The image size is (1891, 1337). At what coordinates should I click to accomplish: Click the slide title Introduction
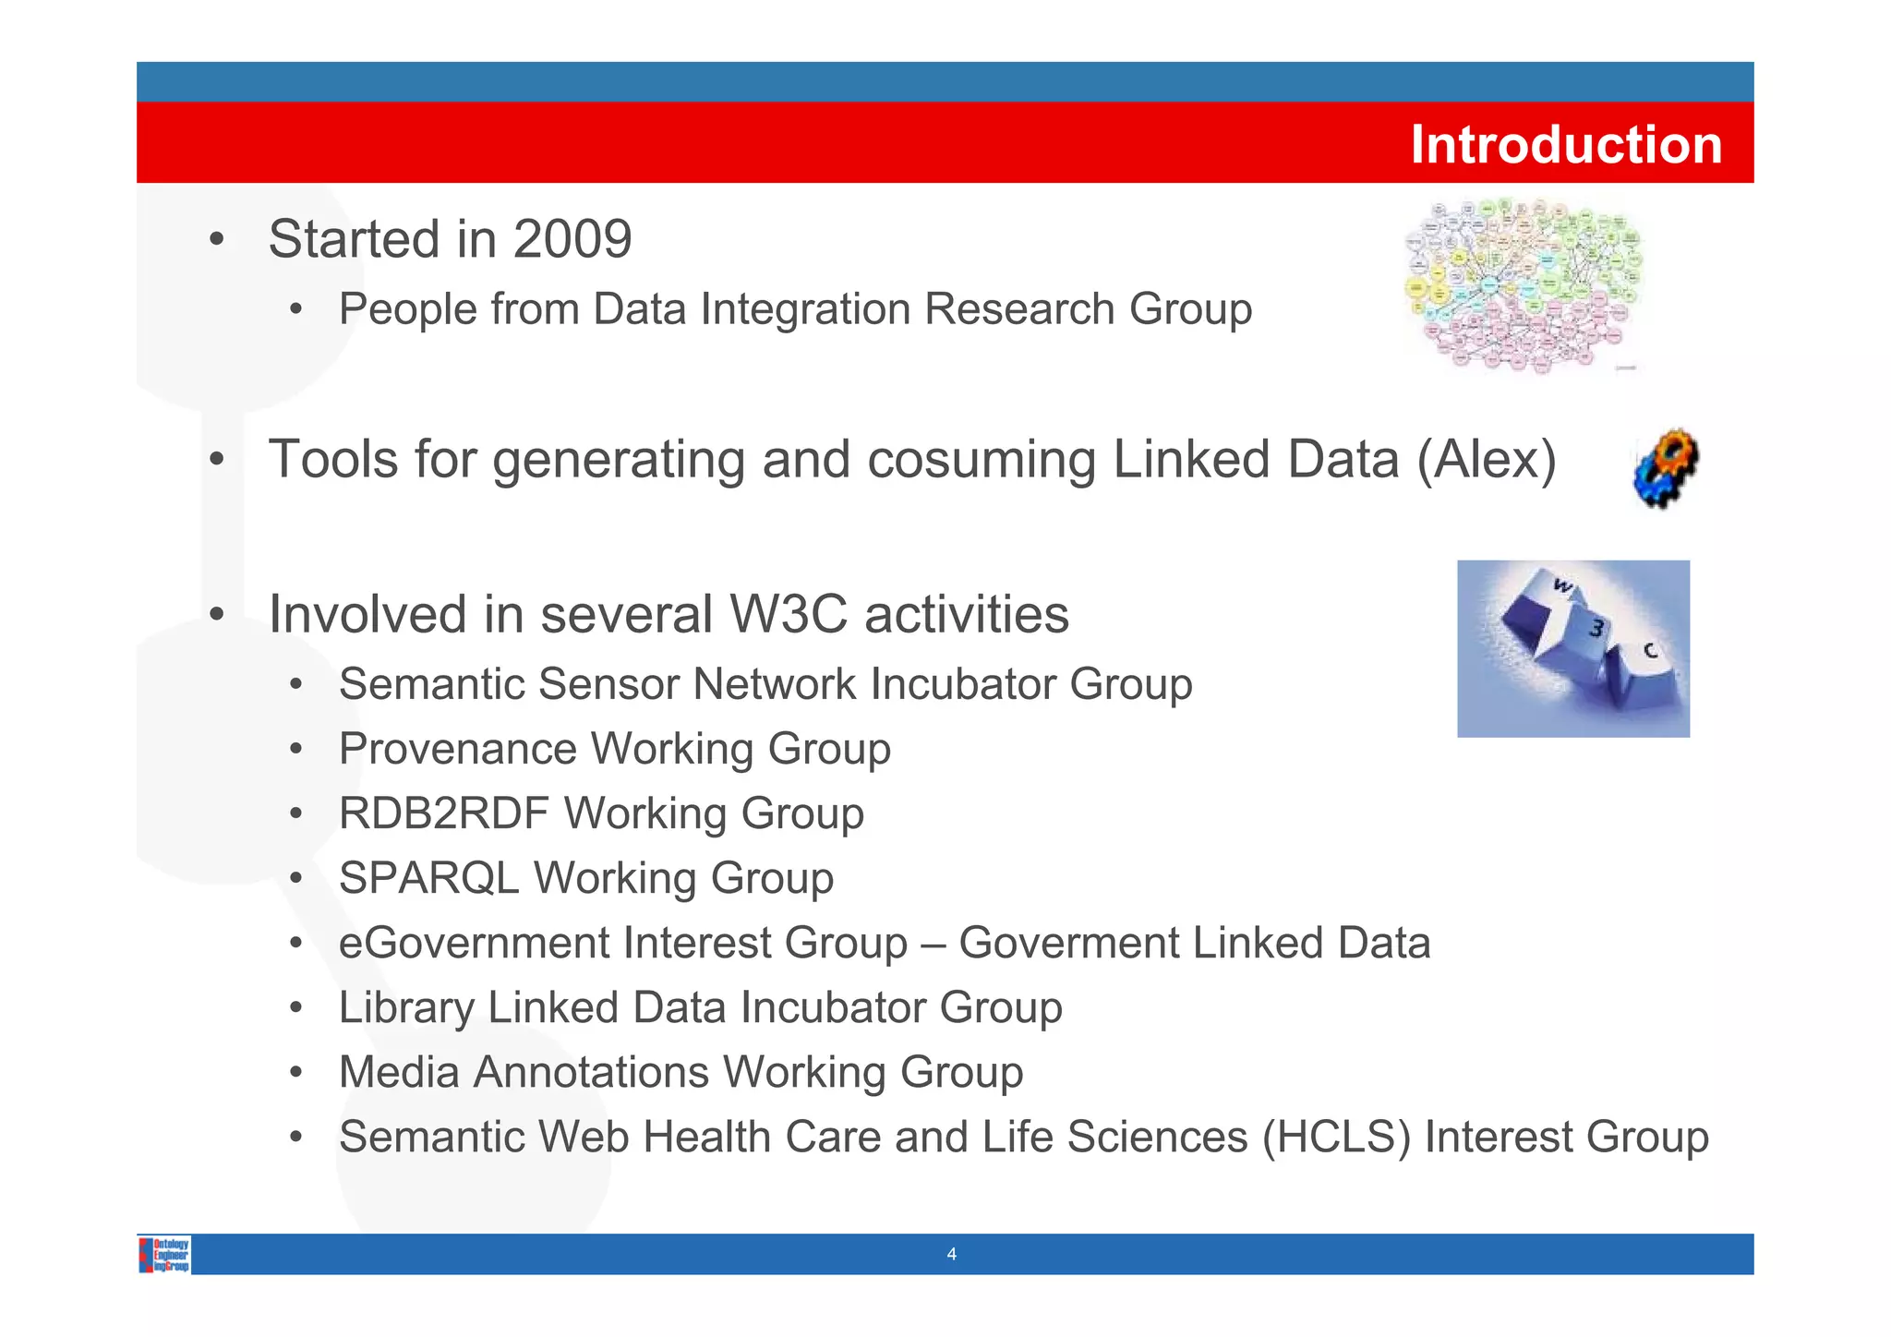[1565, 145]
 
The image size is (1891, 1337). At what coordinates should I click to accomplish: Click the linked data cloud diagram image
[1524, 285]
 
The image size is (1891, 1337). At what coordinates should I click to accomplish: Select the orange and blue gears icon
[1666, 467]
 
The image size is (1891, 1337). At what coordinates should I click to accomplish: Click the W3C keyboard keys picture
[1572, 648]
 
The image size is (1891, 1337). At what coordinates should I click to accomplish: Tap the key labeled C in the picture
[1649, 652]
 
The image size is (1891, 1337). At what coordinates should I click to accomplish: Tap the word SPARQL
[428, 878]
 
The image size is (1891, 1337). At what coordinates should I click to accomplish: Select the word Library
[405, 1007]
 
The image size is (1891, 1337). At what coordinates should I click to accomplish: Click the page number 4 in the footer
[951, 1254]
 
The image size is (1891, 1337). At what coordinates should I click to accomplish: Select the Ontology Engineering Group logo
[164, 1254]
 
